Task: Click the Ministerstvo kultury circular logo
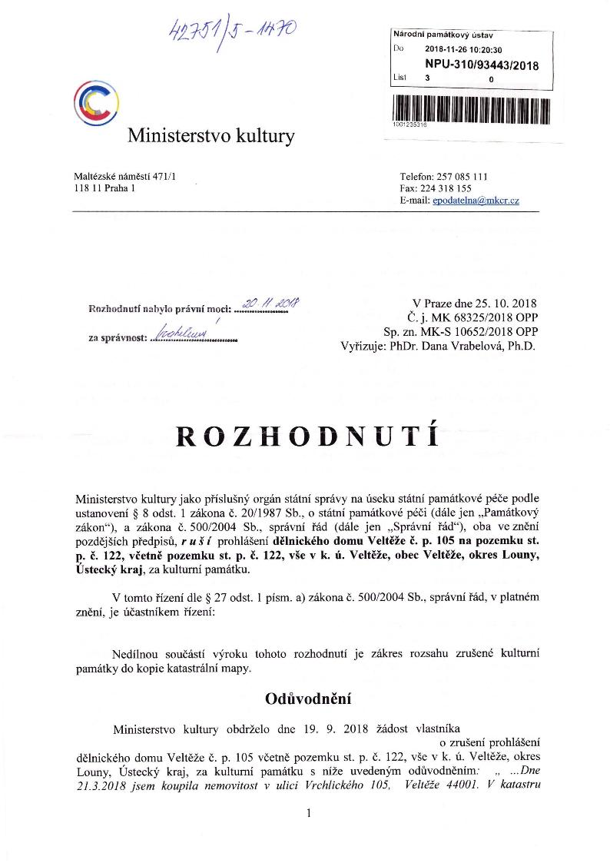coord(96,102)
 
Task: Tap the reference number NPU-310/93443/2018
coord(482,65)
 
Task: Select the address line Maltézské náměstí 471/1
coord(124,176)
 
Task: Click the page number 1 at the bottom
coord(307,814)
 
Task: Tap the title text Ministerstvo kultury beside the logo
coord(211,137)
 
